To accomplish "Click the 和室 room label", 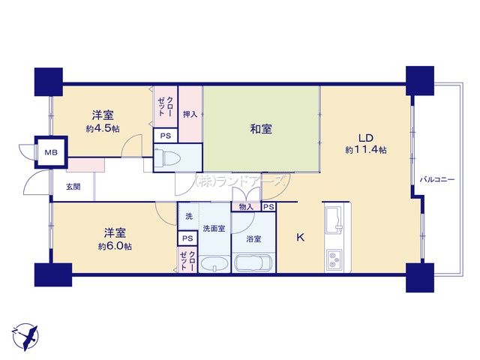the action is click(261, 129).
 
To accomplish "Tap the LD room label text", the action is click(366, 138).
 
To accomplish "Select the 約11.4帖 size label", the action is click(366, 150).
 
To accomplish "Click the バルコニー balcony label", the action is click(436, 180).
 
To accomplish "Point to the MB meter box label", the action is click(51, 152).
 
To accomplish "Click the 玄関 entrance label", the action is click(73, 187).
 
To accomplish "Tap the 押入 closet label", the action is click(190, 114).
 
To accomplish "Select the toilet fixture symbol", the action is click(167, 157).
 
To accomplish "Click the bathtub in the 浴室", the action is click(254, 262).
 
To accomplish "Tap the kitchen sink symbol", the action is click(334, 220).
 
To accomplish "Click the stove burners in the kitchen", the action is click(334, 259).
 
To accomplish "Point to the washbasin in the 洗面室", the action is click(214, 263).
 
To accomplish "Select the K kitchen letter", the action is click(301, 237).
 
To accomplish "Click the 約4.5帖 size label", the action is click(103, 128).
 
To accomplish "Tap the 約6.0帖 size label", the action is click(115, 246).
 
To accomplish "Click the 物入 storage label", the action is click(246, 207).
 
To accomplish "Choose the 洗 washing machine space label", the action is click(189, 217).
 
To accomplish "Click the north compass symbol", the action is click(25, 337).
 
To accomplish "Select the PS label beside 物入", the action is click(268, 207).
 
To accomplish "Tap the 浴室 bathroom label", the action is click(253, 238).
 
